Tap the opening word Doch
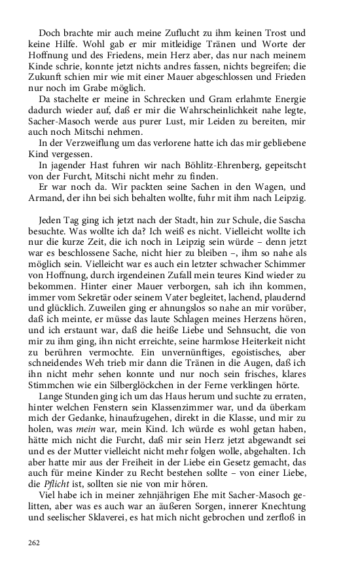click(x=50, y=32)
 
